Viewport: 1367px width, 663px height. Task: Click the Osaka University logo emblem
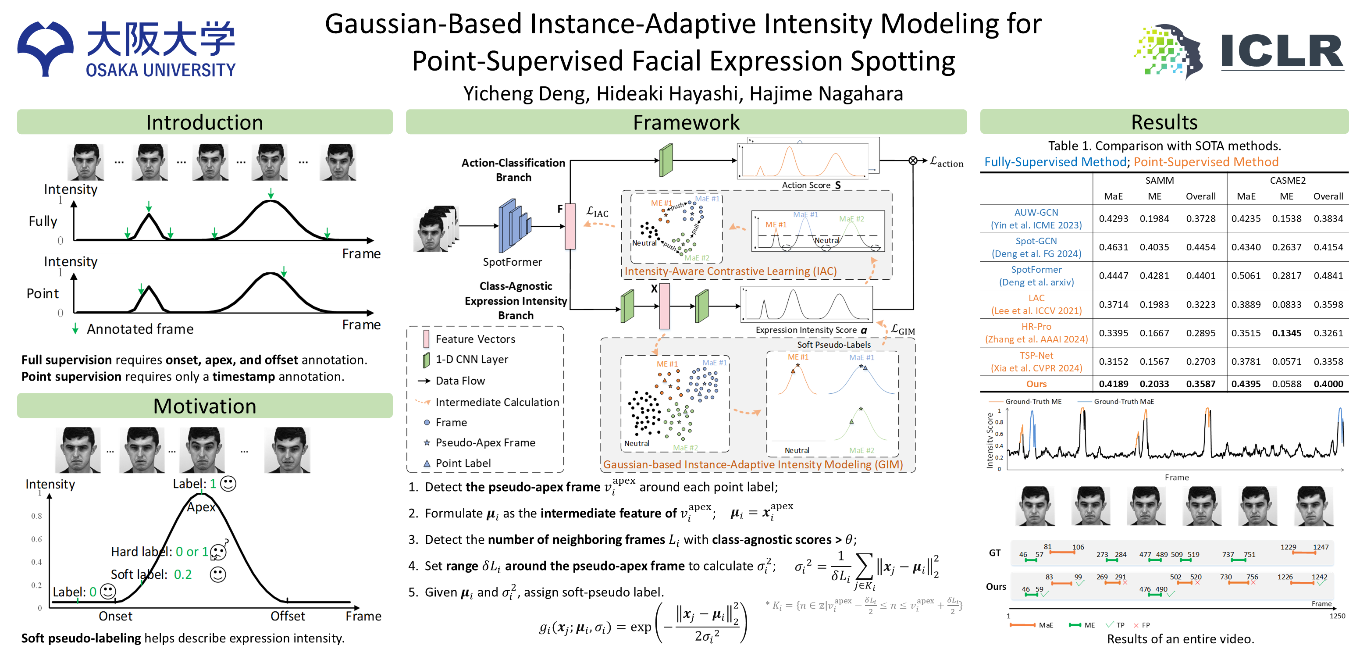[45, 48]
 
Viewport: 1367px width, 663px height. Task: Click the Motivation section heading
[204, 406]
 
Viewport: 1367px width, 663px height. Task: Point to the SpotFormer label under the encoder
[512, 262]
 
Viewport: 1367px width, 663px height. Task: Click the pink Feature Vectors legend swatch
[426, 339]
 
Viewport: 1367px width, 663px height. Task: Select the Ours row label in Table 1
[1036, 384]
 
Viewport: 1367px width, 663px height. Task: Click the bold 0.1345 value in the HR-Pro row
[1286, 333]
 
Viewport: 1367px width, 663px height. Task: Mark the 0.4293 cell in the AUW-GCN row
[1113, 219]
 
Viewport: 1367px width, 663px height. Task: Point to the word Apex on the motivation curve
[201, 507]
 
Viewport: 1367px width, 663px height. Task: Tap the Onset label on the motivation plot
[115, 616]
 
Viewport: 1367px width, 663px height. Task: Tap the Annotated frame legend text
[140, 330]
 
